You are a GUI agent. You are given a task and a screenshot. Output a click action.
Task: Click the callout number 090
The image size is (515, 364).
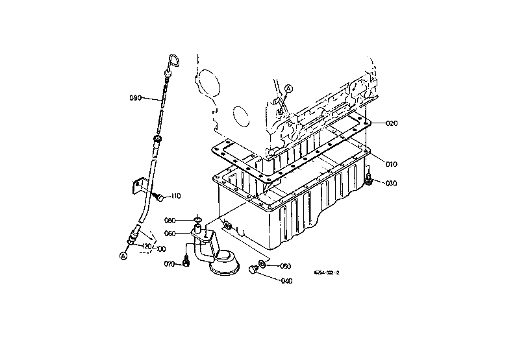136,98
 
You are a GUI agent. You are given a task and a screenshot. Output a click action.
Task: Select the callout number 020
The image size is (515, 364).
391,123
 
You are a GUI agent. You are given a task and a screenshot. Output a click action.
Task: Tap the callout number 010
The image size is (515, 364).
391,164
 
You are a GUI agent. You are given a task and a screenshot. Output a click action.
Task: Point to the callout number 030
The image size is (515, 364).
391,184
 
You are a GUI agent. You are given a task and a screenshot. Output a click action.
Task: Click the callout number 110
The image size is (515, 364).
175,195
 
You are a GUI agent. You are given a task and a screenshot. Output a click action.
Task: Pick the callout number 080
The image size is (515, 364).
170,220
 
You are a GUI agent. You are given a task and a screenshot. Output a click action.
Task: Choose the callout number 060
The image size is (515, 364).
170,234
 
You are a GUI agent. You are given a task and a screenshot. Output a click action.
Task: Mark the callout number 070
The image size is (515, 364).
170,264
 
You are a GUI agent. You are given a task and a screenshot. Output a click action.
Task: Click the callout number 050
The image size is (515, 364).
285,266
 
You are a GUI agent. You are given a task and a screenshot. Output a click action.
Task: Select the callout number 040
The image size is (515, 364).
286,281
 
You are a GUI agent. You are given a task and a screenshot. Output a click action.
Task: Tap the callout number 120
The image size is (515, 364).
147,247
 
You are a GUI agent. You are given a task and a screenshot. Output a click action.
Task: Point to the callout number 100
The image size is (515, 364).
160,249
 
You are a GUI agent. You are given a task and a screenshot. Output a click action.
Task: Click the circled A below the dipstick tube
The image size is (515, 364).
123,256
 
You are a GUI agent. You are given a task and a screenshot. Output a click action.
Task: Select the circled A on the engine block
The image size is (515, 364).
290,88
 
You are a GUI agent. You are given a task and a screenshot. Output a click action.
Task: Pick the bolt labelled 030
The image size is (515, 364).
370,180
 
